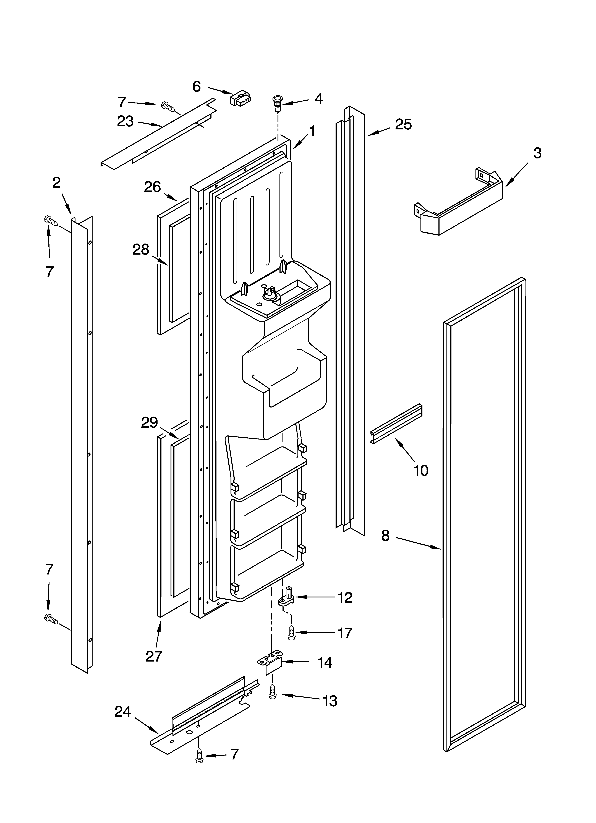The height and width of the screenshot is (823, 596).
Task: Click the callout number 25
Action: [403, 124]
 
